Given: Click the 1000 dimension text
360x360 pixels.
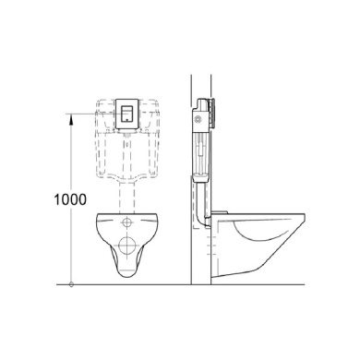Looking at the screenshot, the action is pyautogui.click(x=70, y=199).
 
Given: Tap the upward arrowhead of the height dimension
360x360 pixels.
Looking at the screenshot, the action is pyautogui.click(x=71, y=119).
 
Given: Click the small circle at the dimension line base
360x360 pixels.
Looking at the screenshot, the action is pyautogui.click(x=71, y=284).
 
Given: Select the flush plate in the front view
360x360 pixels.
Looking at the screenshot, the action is pyautogui.click(x=126, y=114).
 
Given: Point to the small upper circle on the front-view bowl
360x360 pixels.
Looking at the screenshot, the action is pyautogui.click(x=126, y=222).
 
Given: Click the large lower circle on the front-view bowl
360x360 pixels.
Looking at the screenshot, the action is pyautogui.click(x=126, y=245).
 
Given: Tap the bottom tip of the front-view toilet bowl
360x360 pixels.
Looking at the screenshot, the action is pyautogui.click(x=126, y=278).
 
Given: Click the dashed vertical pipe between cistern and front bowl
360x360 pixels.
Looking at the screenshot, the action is pyautogui.click(x=126, y=197).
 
